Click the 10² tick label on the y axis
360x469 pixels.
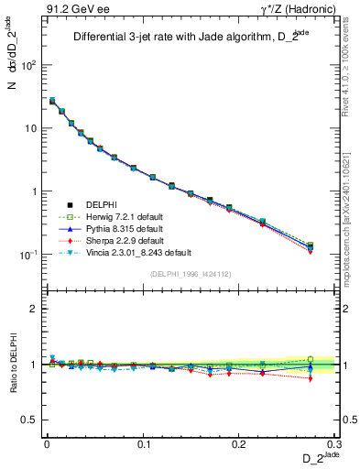tap(27, 66)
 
